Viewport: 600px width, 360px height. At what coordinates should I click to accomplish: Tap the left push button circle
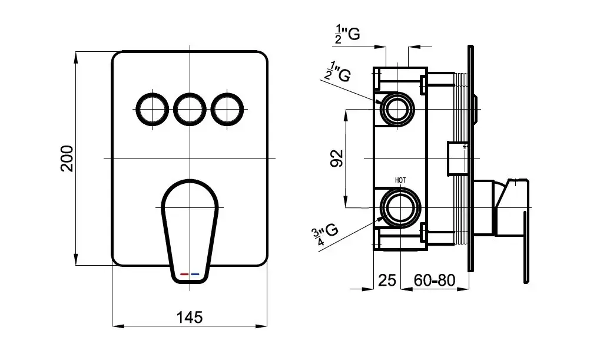[153, 109]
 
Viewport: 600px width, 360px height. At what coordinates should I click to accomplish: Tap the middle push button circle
[190, 109]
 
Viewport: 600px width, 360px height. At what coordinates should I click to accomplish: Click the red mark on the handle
[184, 275]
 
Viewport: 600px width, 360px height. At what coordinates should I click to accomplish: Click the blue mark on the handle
[195, 275]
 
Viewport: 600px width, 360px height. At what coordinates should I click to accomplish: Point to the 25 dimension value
[387, 280]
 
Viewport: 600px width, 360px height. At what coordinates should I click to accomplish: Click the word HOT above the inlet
[400, 180]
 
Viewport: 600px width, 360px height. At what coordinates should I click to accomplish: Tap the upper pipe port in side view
[399, 109]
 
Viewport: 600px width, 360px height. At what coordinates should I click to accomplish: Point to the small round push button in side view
[477, 109]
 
